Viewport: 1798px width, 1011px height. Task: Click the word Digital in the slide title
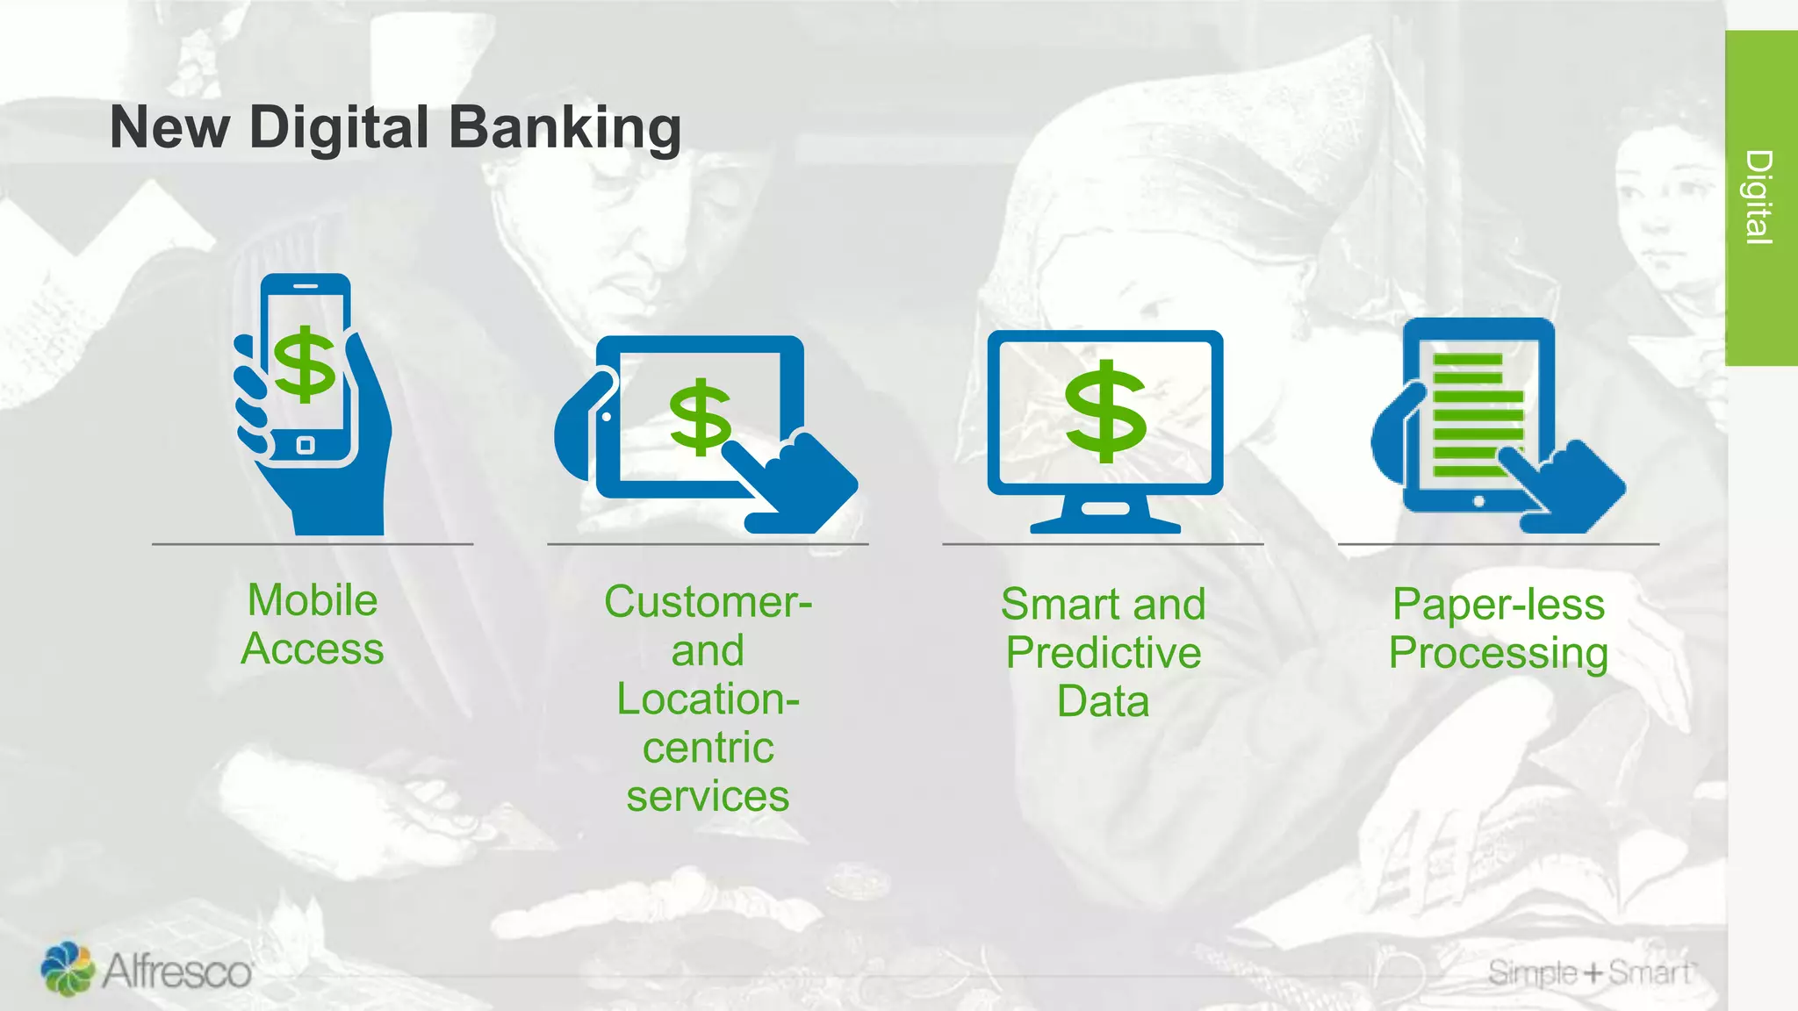[x=339, y=128]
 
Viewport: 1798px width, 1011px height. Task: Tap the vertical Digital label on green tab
[x=1759, y=197]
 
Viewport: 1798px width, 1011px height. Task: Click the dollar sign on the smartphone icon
[x=305, y=364]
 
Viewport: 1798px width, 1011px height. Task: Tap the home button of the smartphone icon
[x=305, y=445]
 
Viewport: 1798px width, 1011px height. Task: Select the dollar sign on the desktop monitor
[x=1105, y=411]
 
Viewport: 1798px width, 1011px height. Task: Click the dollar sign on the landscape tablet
[x=700, y=417]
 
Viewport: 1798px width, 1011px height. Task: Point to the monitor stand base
[x=1105, y=524]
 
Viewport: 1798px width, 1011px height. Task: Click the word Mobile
[x=313, y=601]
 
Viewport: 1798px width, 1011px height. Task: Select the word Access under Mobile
[x=313, y=649]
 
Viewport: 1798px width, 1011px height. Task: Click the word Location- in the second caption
[x=708, y=699]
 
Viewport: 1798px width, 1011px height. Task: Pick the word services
[x=708, y=797]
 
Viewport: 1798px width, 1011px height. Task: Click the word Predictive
[x=1104, y=654]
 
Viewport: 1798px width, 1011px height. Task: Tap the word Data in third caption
[x=1104, y=702]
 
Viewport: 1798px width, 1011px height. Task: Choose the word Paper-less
[x=1499, y=606]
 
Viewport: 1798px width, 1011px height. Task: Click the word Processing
[x=1499, y=654]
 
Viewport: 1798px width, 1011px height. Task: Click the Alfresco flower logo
[x=68, y=969]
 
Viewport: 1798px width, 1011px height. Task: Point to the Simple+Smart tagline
[x=1591, y=972]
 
